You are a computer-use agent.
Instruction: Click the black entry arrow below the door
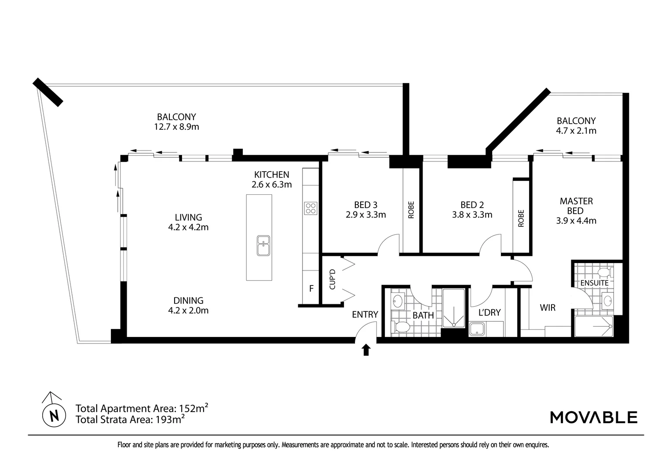pyautogui.click(x=366, y=350)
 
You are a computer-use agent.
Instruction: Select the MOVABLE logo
pyautogui.click(x=594, y=417)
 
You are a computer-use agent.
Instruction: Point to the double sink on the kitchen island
pyautogui.click(x=263, y=245)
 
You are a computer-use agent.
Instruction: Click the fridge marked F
pyautogui.click(x=311, y=289)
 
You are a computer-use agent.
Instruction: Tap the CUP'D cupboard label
pyautogui.click(x=332, y=279)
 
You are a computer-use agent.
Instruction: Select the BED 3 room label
pyautogui.click(x=365, y=205)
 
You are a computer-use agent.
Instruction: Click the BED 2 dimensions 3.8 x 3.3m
pyautogui.click(x=472, y=215)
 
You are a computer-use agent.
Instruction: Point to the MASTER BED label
pyautogui.click(x=576, y=206)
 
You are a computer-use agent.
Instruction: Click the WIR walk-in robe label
pyautogui.click(x=548, y=308)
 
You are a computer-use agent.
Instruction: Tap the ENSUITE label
pyautogui.click(x=594, y=283)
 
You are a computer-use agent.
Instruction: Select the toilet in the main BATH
pyautogui.click(x=400, y=327)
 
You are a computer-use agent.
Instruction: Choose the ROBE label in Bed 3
pyautogui.click(x=411, y=210)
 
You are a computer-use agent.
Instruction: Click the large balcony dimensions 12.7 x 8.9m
pyautogui.click(x=176, y=127)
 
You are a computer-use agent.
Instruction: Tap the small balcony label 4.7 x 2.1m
pyautogui.click(x=576, y=131)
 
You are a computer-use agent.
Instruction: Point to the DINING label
pyautogui.click(x=188, y=300)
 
